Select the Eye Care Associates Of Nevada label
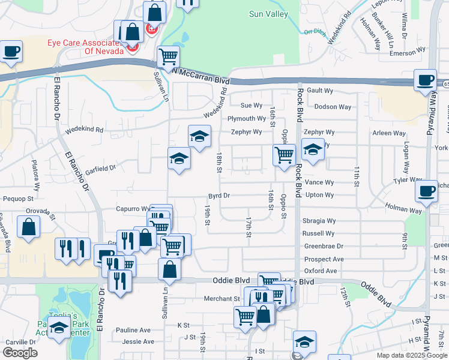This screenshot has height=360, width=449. [x=85, y=47]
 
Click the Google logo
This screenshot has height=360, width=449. [x=19, y=353]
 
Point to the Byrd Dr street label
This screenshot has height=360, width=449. [x=219, y=196]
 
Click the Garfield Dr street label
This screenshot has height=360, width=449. [x=100, y=169]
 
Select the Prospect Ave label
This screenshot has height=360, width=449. [x=324, y=259]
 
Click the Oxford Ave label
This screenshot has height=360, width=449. [x=325, y=271]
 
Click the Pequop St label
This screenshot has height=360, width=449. [x=18, y=198]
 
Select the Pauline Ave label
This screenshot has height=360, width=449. [x=133, y=330]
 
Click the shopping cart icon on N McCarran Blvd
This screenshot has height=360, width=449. [x=168, y=57]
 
